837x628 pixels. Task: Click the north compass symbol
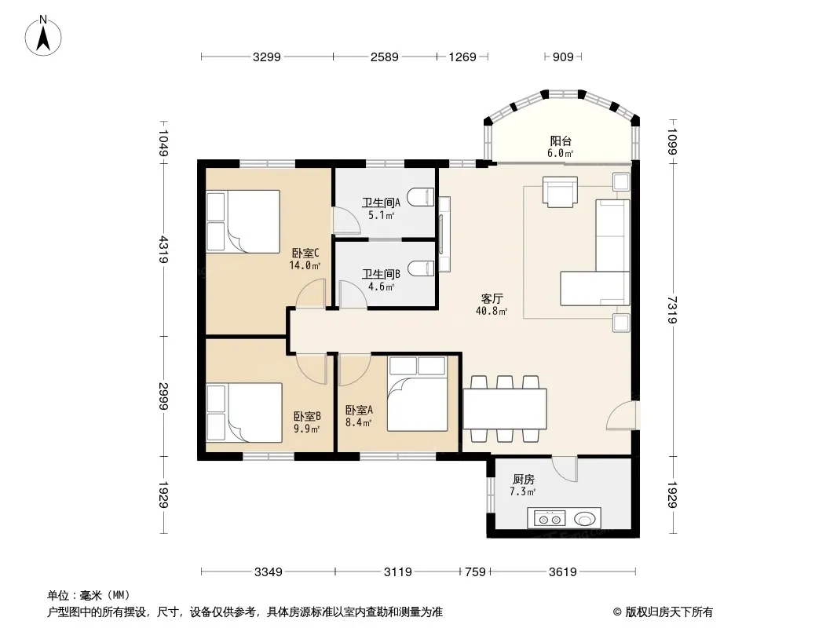click(x=43, y=36)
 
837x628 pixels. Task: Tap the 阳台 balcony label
click(x=561, y=141)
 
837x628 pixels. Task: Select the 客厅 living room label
click(x=492, y=298)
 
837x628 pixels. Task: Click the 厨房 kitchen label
click(x=523, y=479)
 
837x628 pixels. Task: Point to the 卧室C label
click(x=305, y=253)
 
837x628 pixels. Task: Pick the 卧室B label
click(x=307, y=415)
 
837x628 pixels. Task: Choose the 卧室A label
click(x=359, y=410)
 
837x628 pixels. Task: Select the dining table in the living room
click(x=505, y=409)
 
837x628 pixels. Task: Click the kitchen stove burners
click(x=550, y=518)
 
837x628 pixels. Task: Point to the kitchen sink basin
click(x=585, y=518)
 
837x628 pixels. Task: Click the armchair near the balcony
click(x=560, y=192)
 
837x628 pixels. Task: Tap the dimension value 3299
click(x=267, y=57)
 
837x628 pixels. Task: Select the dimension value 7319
click(x=672, y=310)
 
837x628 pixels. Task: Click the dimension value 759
click(x=475, y=572)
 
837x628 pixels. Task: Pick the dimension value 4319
click(x=163, y=250)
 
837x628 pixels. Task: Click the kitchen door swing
click(x=565, y=469)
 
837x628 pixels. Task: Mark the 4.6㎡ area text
click(x=381, y=287)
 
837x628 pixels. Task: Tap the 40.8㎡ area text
click(x=492, y=311)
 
